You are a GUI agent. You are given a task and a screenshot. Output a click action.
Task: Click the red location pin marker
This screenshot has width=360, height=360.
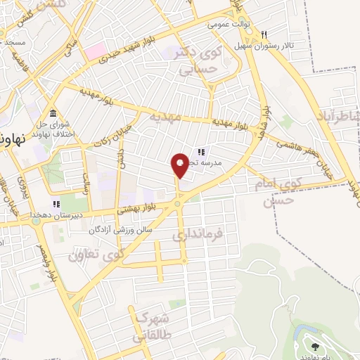(180, 166)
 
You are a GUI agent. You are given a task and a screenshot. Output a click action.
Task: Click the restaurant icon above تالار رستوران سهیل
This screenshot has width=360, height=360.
(264, 34)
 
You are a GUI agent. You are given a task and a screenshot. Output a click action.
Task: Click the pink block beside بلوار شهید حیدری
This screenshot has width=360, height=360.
(96, 51)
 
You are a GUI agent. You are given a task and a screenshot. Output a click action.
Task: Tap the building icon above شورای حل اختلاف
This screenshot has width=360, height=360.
(53, 114)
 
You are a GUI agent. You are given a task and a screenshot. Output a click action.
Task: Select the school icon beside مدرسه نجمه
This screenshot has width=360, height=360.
(200, 152)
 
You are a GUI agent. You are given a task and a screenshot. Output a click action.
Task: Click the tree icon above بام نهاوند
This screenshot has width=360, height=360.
(314, 345)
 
